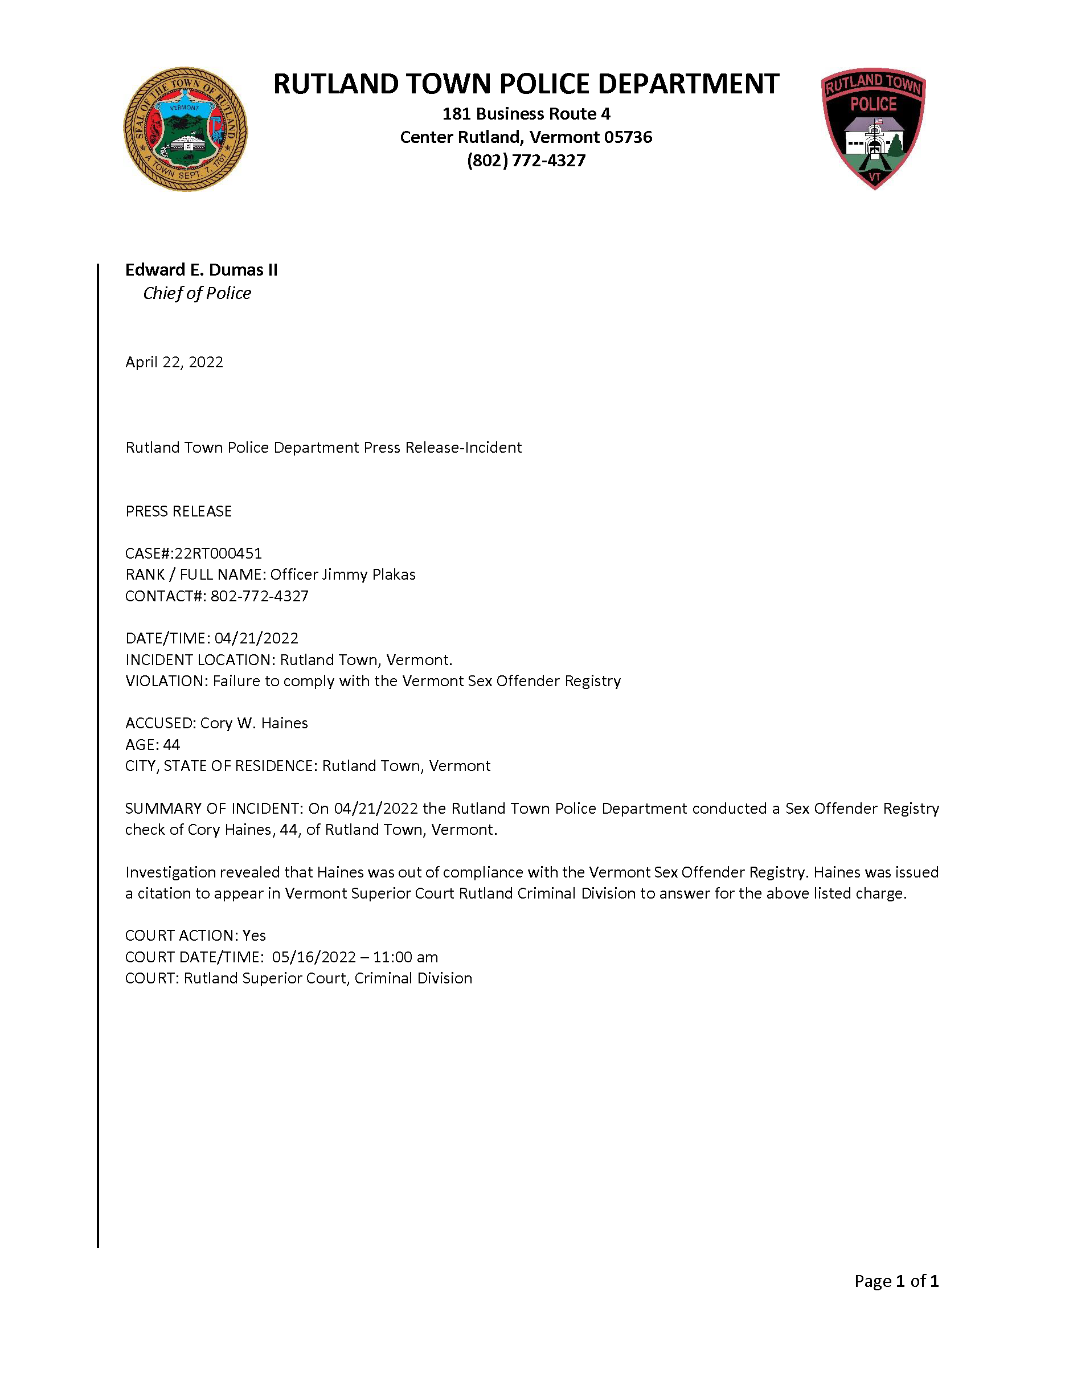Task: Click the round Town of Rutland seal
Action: [x=185, y=129]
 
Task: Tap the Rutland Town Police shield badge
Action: [x=873, y=128]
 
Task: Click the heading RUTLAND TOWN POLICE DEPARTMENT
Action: [x=526, y=84]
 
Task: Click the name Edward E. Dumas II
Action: [x=201, y=270]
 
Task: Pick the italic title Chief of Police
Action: [x=197, y=293]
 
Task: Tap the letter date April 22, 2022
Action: [x=174, y=362]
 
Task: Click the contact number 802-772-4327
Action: [x=259, y=596]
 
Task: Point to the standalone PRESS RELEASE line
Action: [x=179, y=511]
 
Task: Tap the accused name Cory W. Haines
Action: [x=253, y=723]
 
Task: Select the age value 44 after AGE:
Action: [x=171, y=745]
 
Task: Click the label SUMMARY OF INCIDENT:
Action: [x=214, y=809]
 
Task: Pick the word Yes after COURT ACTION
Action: [x=254, y=936]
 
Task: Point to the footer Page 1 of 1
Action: [x=896, y=1281]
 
